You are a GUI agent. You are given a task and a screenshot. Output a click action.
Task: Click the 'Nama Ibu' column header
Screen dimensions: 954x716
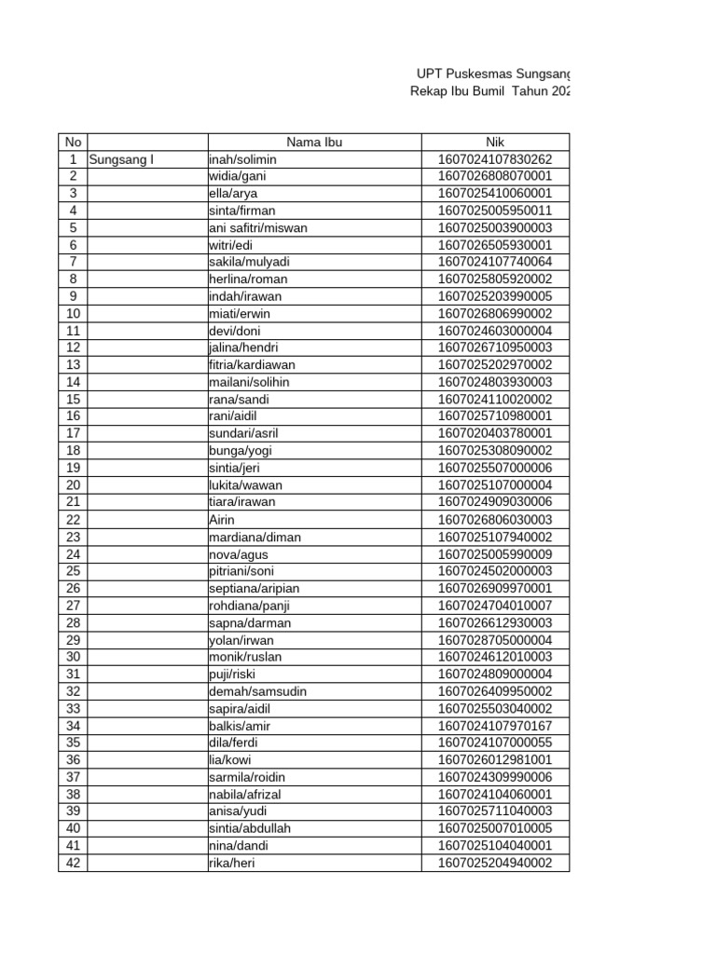tap(314, 142)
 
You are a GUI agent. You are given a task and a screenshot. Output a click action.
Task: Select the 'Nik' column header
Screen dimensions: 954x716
tap(494, 142)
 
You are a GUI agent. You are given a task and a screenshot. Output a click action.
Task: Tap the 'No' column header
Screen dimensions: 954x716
tap(73, 142)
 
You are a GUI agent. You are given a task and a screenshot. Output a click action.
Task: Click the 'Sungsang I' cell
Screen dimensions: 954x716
tap(120, 159)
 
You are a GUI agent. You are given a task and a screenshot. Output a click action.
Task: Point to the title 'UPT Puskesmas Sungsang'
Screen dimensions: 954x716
tap(492, 74)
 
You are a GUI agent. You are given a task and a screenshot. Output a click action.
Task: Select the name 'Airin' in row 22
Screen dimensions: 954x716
tap(223, 520)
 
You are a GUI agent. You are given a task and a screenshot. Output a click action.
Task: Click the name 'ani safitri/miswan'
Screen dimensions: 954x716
tap(258, 227)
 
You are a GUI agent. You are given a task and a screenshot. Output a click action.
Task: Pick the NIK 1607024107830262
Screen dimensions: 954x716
tap(494, 159)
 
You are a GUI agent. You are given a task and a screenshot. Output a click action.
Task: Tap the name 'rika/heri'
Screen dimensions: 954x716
tap(232, 864)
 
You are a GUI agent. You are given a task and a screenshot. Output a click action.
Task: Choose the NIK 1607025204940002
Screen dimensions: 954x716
tap(494, 864)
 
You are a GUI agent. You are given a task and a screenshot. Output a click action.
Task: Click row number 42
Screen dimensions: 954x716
tap(73, 864)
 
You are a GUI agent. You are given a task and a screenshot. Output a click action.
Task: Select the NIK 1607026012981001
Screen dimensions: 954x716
tap(494, 760)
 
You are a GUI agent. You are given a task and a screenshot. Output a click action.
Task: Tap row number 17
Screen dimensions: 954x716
tap(73, 434)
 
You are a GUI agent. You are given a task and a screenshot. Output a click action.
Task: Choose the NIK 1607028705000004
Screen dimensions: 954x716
tap(494, 640)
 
